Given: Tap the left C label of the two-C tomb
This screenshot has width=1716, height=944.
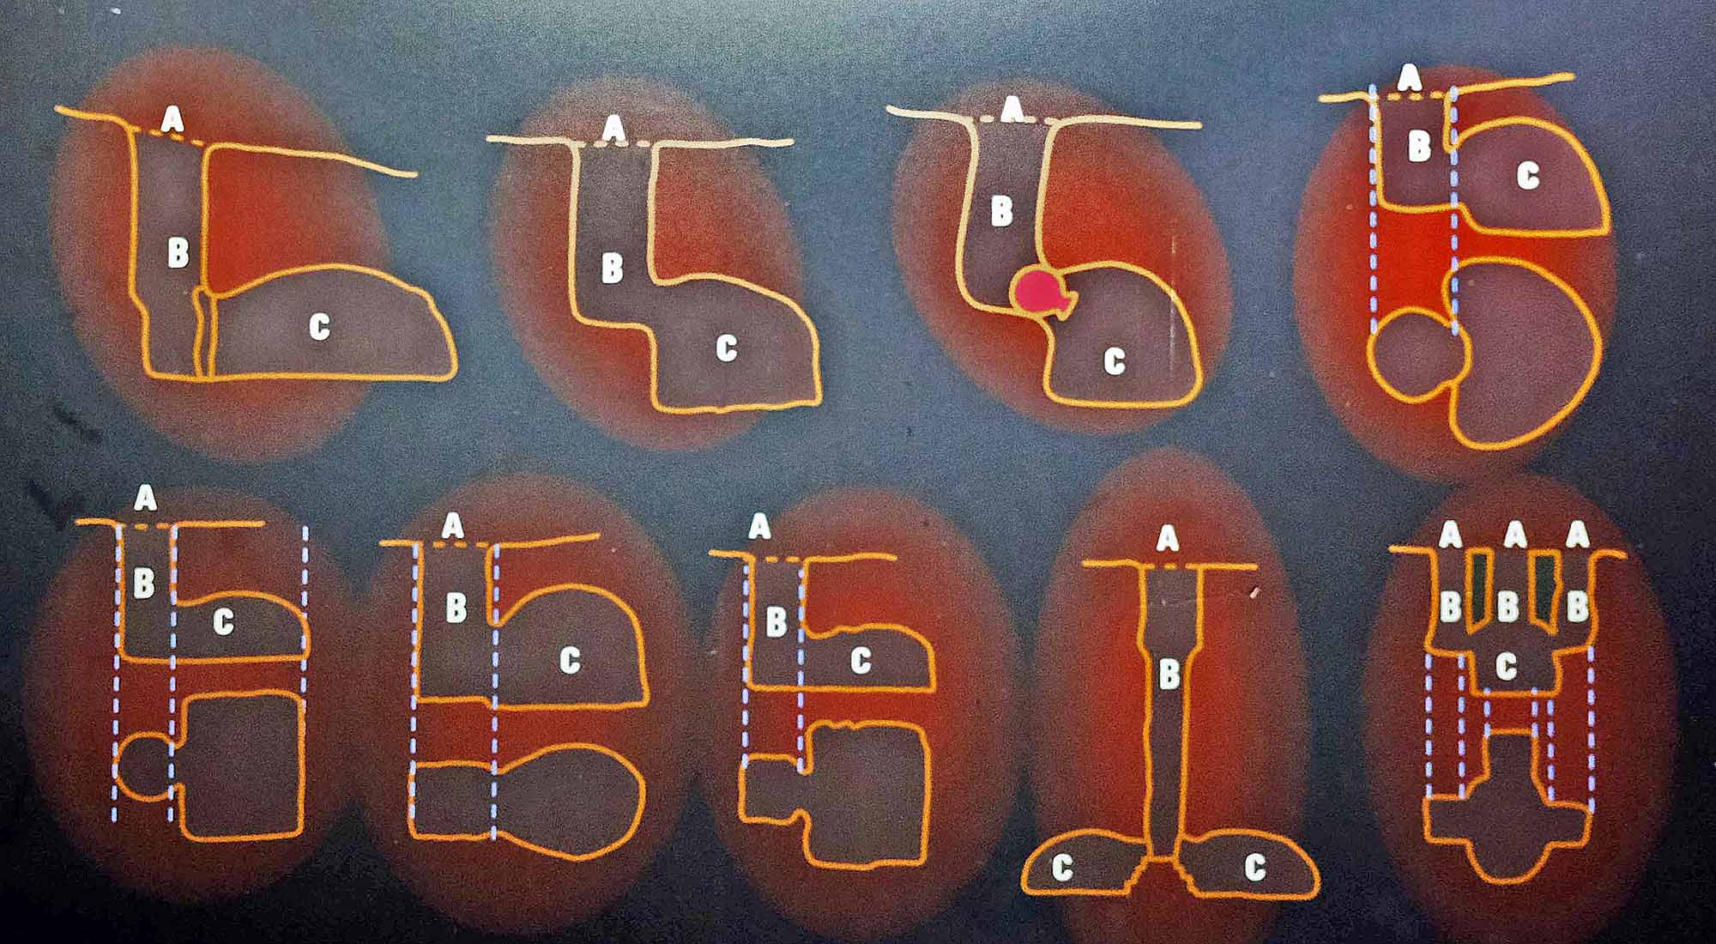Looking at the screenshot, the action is (1062, 868).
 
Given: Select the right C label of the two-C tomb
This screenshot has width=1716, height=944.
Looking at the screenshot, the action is (1255, 867).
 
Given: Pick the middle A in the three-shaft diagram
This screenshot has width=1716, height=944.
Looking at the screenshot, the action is (1515, 536).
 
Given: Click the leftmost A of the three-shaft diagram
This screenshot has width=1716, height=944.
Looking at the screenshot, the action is (1450, 536).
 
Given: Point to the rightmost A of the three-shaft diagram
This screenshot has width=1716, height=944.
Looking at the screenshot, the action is (1577, 536).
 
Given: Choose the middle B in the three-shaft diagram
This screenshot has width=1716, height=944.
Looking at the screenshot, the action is (1508, 606).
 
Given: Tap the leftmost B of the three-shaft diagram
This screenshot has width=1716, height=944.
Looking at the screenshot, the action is (1450, 606).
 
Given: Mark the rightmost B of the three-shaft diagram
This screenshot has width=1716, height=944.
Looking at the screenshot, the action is (1577, 606).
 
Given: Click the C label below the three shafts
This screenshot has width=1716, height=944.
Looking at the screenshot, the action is (1507, 666).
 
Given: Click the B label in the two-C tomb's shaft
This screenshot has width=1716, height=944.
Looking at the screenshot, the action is (1169, 675).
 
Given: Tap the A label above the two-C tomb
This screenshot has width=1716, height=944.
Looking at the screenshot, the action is (1167, 539).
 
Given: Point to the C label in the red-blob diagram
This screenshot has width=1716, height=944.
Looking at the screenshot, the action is (1114, 361).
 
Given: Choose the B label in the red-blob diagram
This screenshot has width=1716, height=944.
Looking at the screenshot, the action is (1000, 211).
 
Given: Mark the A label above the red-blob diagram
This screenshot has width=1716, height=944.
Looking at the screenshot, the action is (1013, 108).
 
